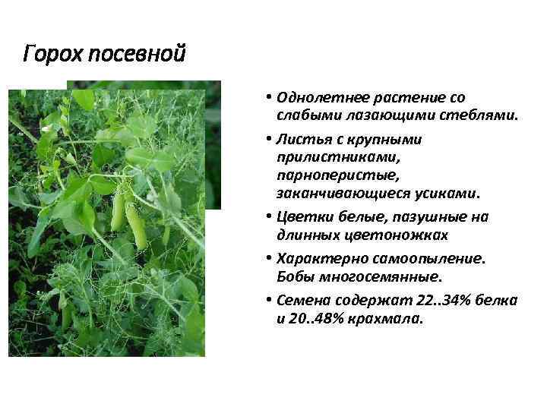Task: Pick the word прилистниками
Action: coord(324,157)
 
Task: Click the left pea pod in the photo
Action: coord(118,212)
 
